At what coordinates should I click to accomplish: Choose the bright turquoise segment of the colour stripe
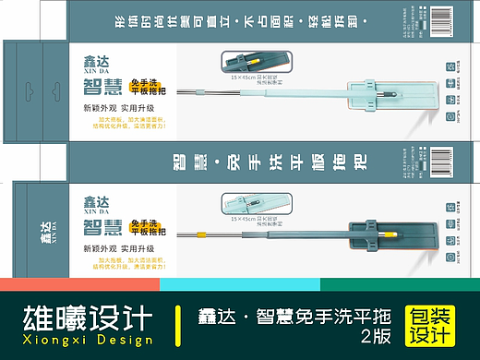(x=240, y=283)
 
